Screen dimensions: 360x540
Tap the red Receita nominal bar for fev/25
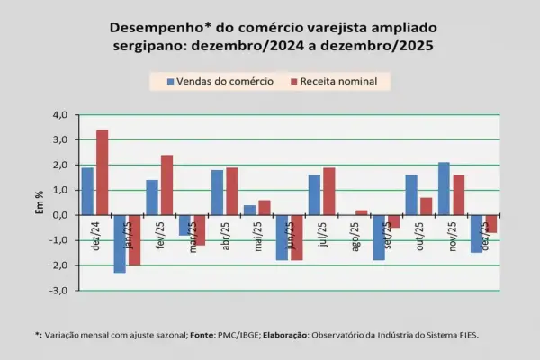(166, 184)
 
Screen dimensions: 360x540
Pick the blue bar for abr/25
(217, 192)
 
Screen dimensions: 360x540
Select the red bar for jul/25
(328, 191)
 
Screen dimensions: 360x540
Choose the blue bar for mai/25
(249, 210)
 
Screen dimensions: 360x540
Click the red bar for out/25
(426, 206)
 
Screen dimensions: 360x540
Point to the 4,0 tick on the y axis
(61, 115)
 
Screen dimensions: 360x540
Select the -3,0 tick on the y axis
(60, 291)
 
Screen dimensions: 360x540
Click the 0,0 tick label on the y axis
(61, 215)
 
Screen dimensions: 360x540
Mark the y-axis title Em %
(38, 203)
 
